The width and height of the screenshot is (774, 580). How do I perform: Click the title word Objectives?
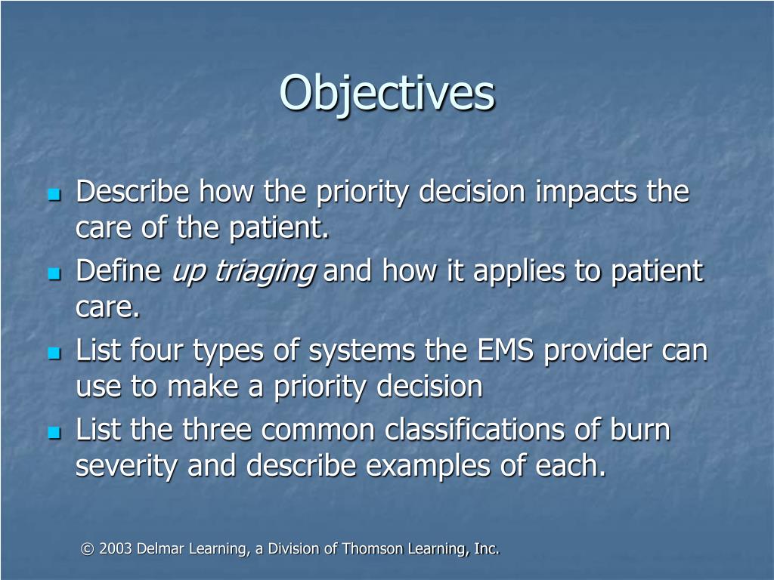coord(387,94)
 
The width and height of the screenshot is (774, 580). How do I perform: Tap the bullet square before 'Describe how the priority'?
coord(54,195)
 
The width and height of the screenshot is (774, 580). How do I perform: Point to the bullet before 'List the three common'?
coord(54,433)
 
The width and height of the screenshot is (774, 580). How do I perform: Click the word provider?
coord(593,351)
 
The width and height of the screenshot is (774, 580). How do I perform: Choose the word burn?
coord(640,430)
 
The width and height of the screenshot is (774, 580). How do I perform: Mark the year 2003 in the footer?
coord(113,549)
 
